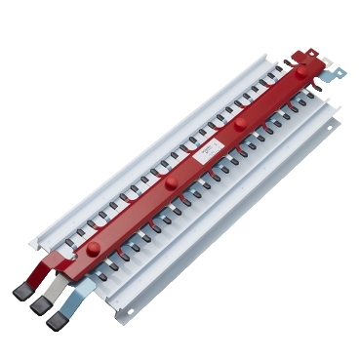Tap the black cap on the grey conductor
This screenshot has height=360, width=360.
click(42, 305)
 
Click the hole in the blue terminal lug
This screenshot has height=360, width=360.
click(338, 70)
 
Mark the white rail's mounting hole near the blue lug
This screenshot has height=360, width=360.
click(333, 125)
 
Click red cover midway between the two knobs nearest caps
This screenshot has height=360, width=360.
click(132, 216)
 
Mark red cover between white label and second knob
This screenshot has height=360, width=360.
click(188, 168)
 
